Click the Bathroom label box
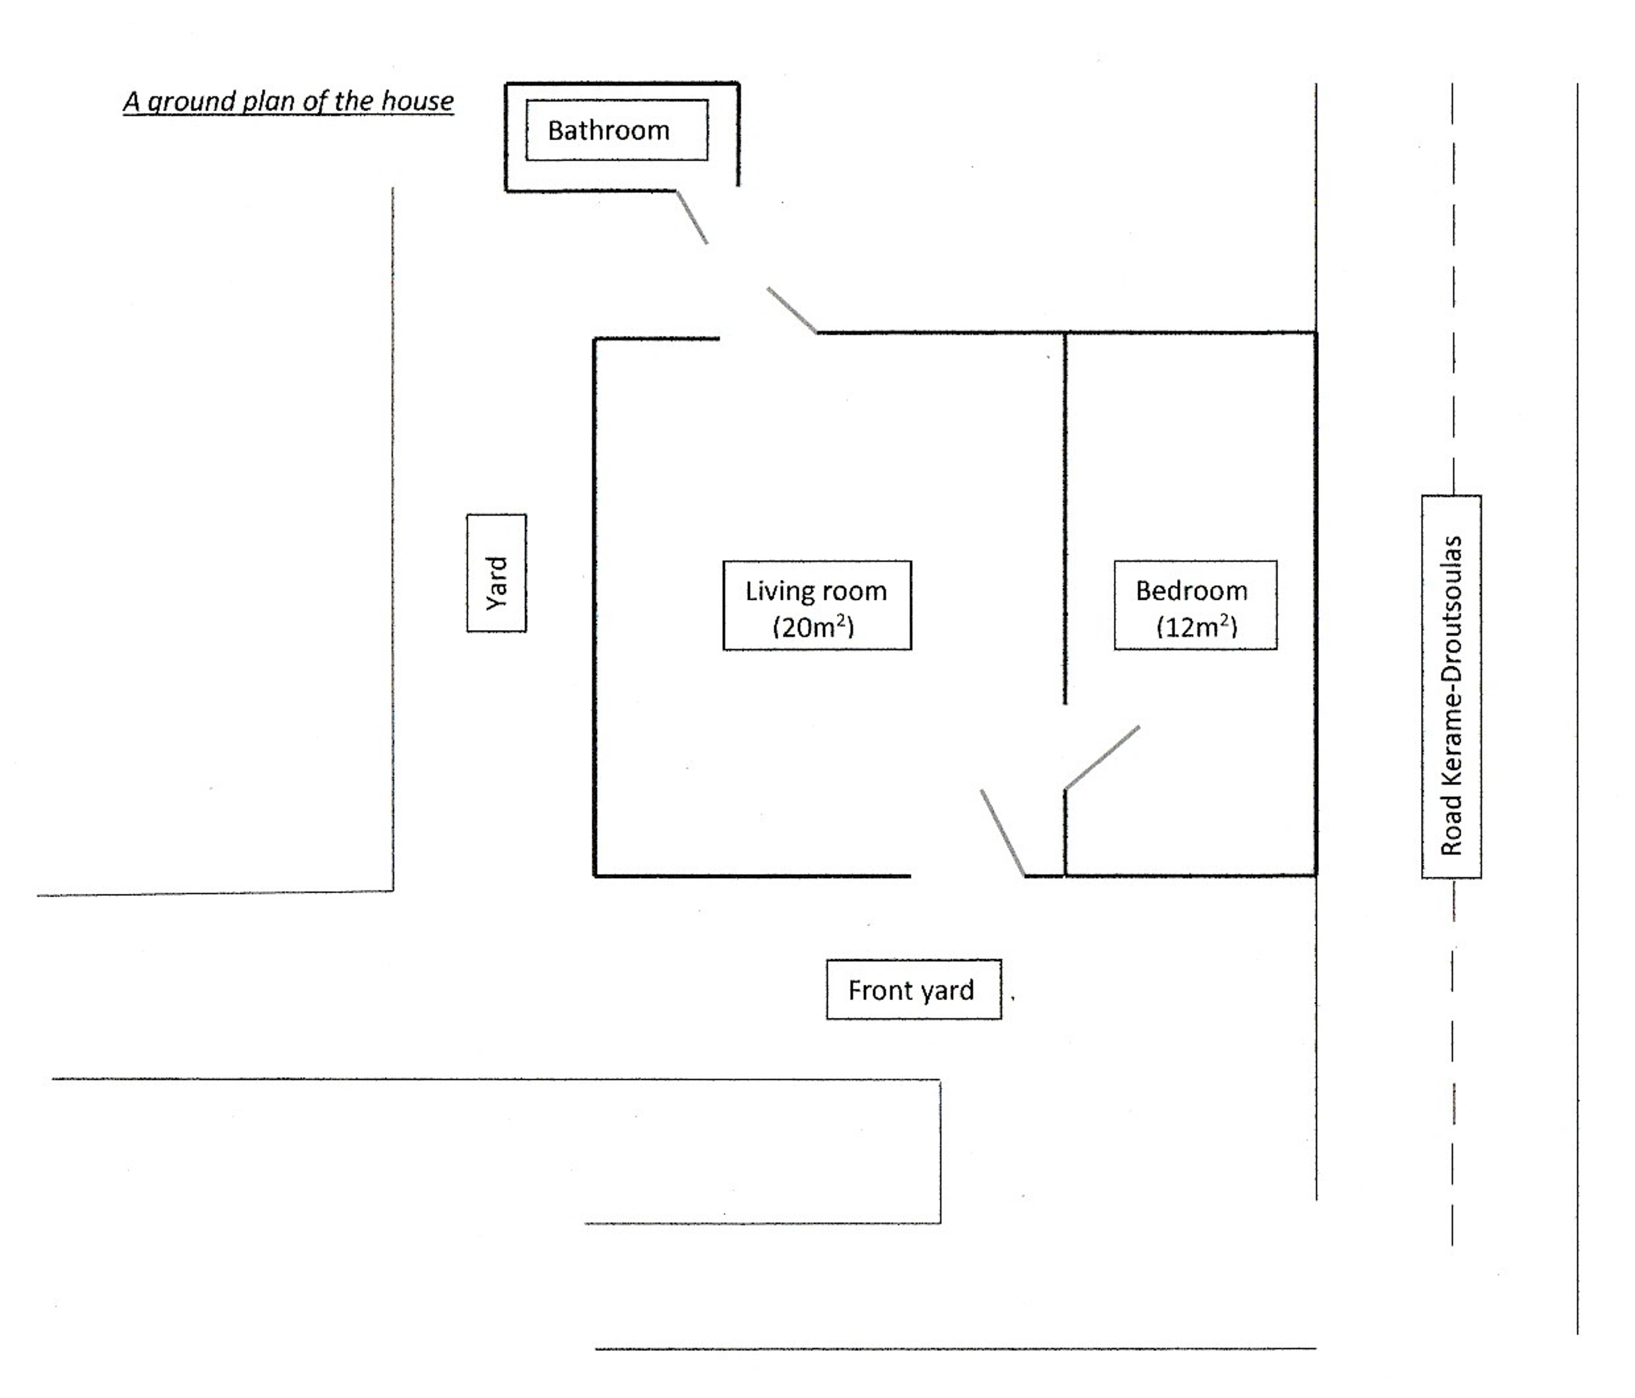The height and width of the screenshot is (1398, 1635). point(617,130)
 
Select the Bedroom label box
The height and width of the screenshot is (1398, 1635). point(1196,605)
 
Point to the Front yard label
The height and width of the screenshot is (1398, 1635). point(914,990)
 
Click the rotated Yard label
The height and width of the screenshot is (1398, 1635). point(496,573)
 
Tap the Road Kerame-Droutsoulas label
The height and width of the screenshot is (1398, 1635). point(1451,687)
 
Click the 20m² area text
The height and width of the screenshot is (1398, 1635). point(814,627)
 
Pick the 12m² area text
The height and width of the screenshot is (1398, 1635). point(1196,627)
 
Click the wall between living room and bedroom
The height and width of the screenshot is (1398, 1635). point(1065,518)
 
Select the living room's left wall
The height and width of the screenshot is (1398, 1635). point(594,607)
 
